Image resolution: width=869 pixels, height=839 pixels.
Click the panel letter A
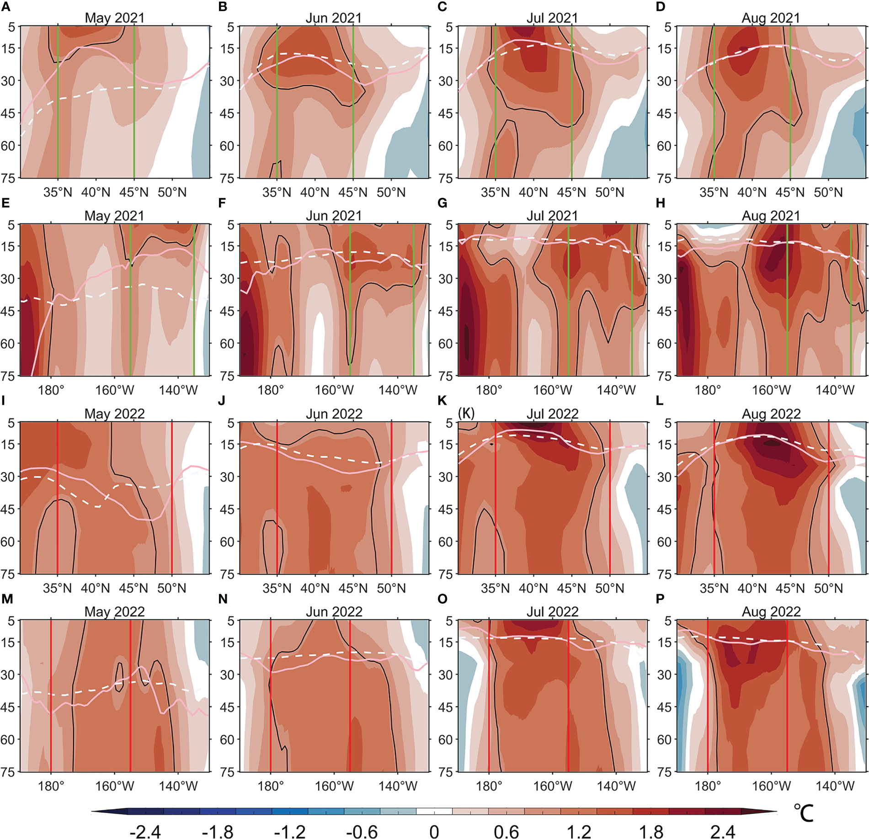point(5,6)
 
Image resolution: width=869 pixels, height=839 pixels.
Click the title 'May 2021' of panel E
point(114,216)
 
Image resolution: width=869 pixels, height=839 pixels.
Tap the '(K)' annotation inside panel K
point(466,413)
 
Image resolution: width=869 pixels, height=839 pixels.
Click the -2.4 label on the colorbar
point(145,832)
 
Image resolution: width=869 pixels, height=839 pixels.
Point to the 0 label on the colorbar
point(434,832)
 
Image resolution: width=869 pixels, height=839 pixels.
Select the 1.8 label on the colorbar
point(651,832)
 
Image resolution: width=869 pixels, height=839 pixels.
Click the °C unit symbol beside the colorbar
point(803,813)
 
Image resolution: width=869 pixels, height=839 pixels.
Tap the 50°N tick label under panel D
point(828,192)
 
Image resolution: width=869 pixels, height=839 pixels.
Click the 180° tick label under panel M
point(51,786)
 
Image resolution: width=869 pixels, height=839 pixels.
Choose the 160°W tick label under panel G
point(552,390)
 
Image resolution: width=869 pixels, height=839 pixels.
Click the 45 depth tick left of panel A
point(8,113)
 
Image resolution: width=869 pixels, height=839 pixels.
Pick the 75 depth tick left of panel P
point(665,772)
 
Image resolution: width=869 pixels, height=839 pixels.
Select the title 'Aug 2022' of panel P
point(771,611)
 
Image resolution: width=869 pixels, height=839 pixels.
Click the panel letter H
point(660,203)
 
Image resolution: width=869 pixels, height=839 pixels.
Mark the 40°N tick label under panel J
point(315,588)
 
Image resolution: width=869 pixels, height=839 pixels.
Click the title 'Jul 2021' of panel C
point(552,18)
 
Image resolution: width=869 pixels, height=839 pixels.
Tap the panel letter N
point(223,599)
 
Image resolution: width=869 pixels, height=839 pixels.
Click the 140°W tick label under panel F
point(398,390)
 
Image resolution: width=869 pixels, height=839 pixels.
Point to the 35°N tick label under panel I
point(58,588)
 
